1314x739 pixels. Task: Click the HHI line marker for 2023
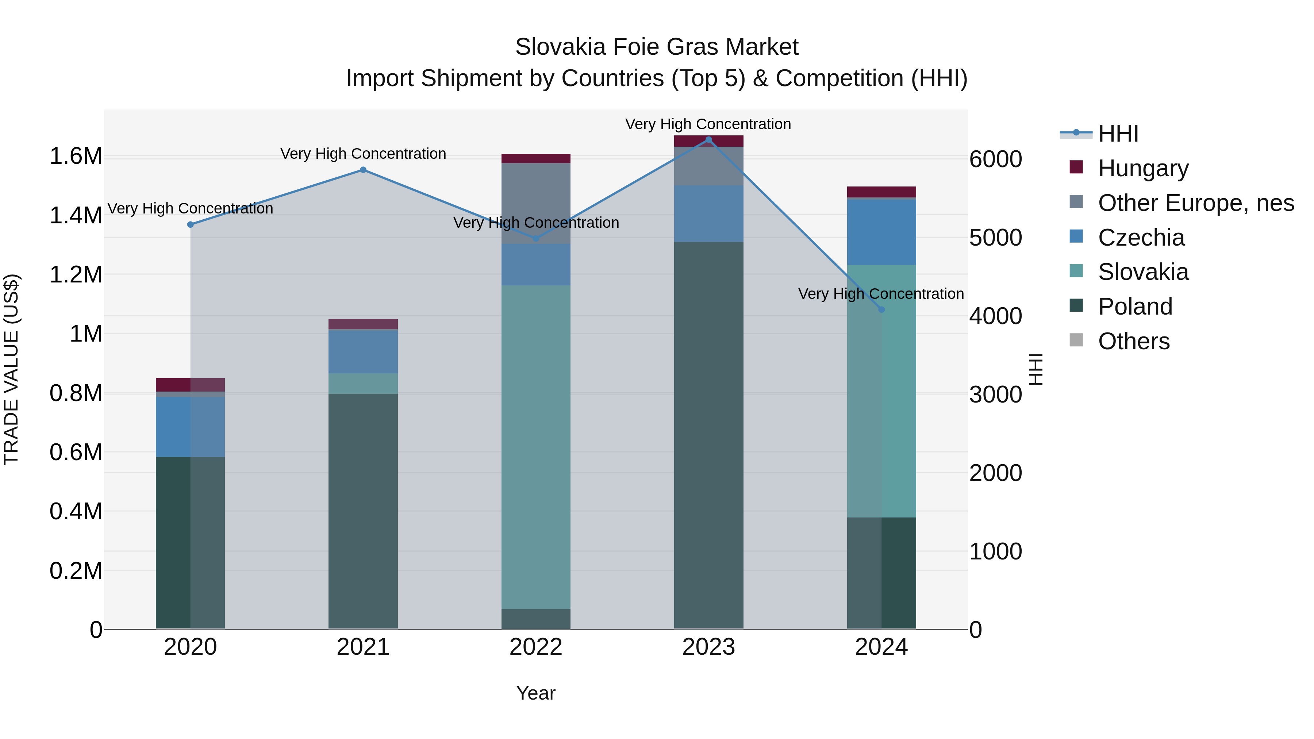tap(708, 140)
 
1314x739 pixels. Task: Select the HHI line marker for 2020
tap(190, 224)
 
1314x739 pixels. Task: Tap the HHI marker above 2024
tap(881, 309)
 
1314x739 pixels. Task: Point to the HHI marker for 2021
tap(363, 170)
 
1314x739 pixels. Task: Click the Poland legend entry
tap(1135, 307)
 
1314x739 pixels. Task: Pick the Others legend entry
tap(1133, 341)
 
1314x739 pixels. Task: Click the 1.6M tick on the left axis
tap(76, 156)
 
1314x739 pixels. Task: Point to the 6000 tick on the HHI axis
tap(995, 159)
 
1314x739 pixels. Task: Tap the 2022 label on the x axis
tap(535, 647)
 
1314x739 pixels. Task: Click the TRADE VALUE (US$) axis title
tap(11, 369)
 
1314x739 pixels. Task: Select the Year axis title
tap(535, 693)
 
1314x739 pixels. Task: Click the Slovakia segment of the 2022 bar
tap(535, 446)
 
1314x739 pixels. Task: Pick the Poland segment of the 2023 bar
tap(708, 434)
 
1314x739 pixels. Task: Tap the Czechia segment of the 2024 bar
tap(881, 232)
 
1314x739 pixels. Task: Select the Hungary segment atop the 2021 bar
tap(363, 324)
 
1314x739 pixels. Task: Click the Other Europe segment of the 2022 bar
tap(535, 203)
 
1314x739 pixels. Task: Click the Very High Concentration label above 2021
tap(363, 154)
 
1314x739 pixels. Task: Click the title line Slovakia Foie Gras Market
tap(657, 47)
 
